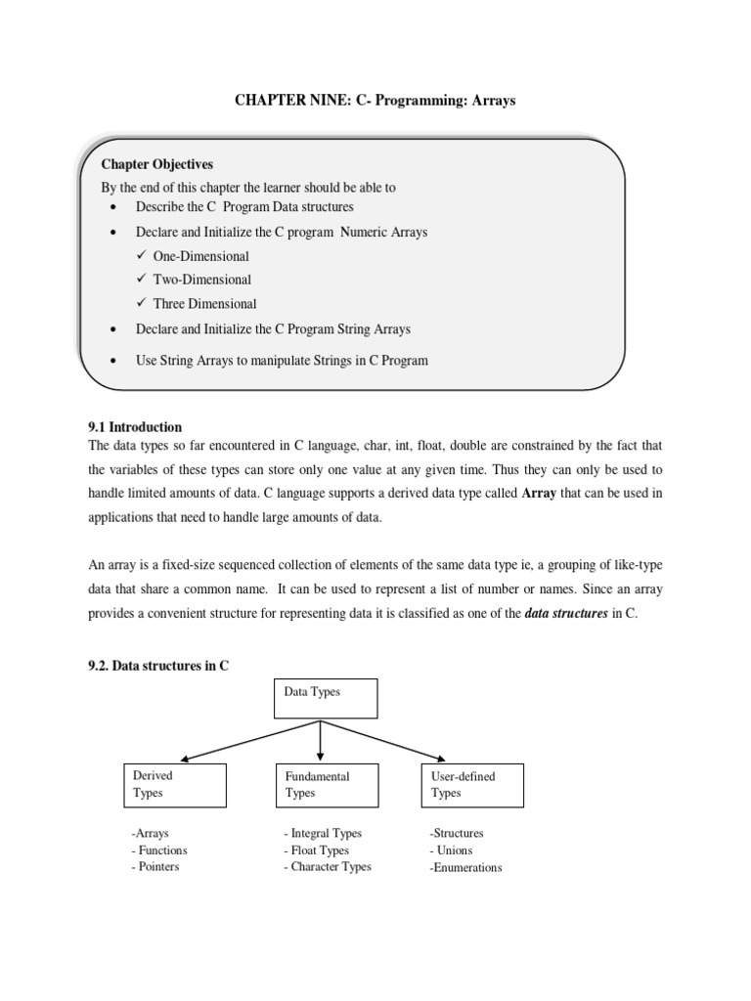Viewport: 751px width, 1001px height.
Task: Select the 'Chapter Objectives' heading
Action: point(156,164)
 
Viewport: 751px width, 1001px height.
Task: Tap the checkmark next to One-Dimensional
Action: point(142,256)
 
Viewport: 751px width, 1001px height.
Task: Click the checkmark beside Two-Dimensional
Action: point(142,280)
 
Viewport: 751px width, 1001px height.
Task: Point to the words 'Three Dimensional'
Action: point(204,304)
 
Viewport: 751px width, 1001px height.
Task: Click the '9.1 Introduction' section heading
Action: point(135,427)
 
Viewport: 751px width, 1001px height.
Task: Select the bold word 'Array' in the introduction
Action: point(539,494)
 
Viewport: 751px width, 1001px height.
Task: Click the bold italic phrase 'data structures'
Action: point(567,616)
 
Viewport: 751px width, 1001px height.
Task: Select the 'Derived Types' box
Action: point(175,785)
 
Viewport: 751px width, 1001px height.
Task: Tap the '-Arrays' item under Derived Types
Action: point(150,834)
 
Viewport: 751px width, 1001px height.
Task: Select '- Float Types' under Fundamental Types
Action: point(321,850)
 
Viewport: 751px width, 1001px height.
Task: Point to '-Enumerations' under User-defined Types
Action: point(465,868)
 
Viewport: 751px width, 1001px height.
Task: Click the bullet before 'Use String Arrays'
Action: point(114,361)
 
